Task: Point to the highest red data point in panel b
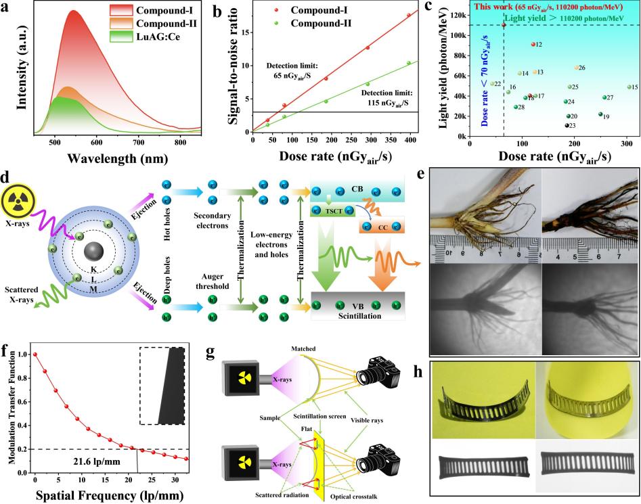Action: pyautogui.click(x=408, y=15)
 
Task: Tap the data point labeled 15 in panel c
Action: pyautogui.click(x=629, y=87)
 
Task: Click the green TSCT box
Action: pyautogui.click(x=334, y=230)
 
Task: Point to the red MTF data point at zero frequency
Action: pyautogui.click(x=35, y=354)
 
